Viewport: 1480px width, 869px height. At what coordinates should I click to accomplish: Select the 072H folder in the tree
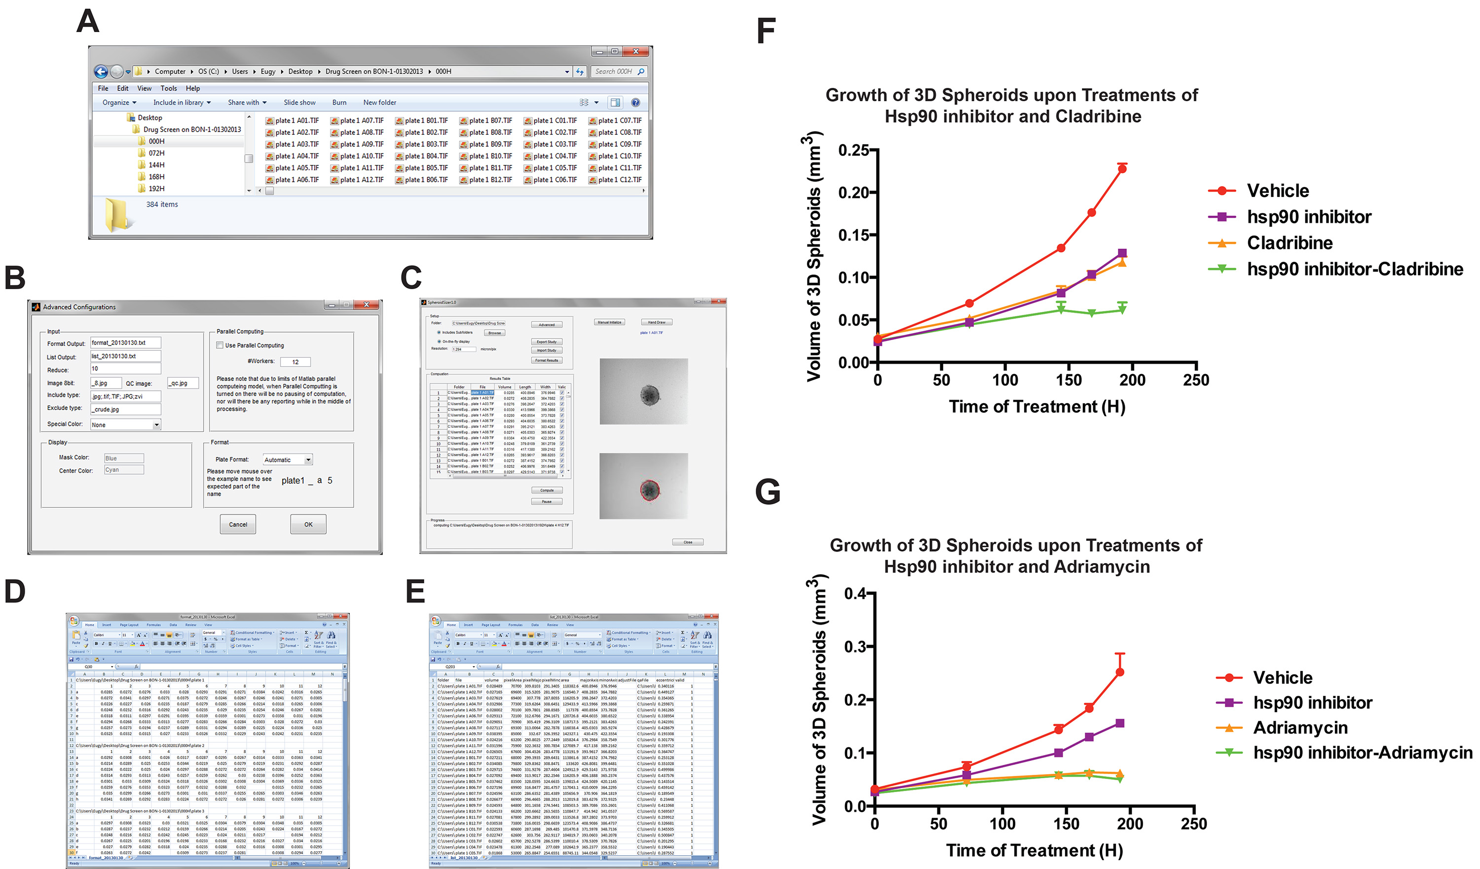tap(156, 153)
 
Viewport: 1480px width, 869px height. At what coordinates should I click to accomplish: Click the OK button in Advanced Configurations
tap(308, 524)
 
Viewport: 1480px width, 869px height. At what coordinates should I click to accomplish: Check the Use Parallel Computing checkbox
tap(220, 345)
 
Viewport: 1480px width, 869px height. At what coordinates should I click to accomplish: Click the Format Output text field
tap(125, 343)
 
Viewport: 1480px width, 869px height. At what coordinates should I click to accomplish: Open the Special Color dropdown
tap(157, 425)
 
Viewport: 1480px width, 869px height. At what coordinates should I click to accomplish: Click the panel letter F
tap(766, 31)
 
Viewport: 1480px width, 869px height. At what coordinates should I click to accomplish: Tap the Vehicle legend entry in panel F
tap(1277, 190)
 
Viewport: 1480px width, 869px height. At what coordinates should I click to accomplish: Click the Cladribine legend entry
tap(1289, 243)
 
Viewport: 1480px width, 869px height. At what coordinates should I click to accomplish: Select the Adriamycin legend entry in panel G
tap(1300, 727)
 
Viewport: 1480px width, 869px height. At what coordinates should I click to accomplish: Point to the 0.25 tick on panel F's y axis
tap(854, 151)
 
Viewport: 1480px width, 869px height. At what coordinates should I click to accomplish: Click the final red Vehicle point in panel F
tap(1122, 169)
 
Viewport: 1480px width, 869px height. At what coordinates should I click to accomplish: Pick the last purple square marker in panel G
tap(1119, 723)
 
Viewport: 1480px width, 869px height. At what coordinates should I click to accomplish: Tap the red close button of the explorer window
tap(635, 52)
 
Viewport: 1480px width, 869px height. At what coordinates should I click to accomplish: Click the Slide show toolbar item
tap(299, 102)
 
